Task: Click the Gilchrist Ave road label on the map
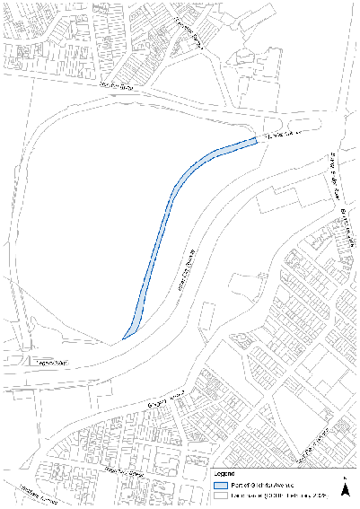277,136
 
